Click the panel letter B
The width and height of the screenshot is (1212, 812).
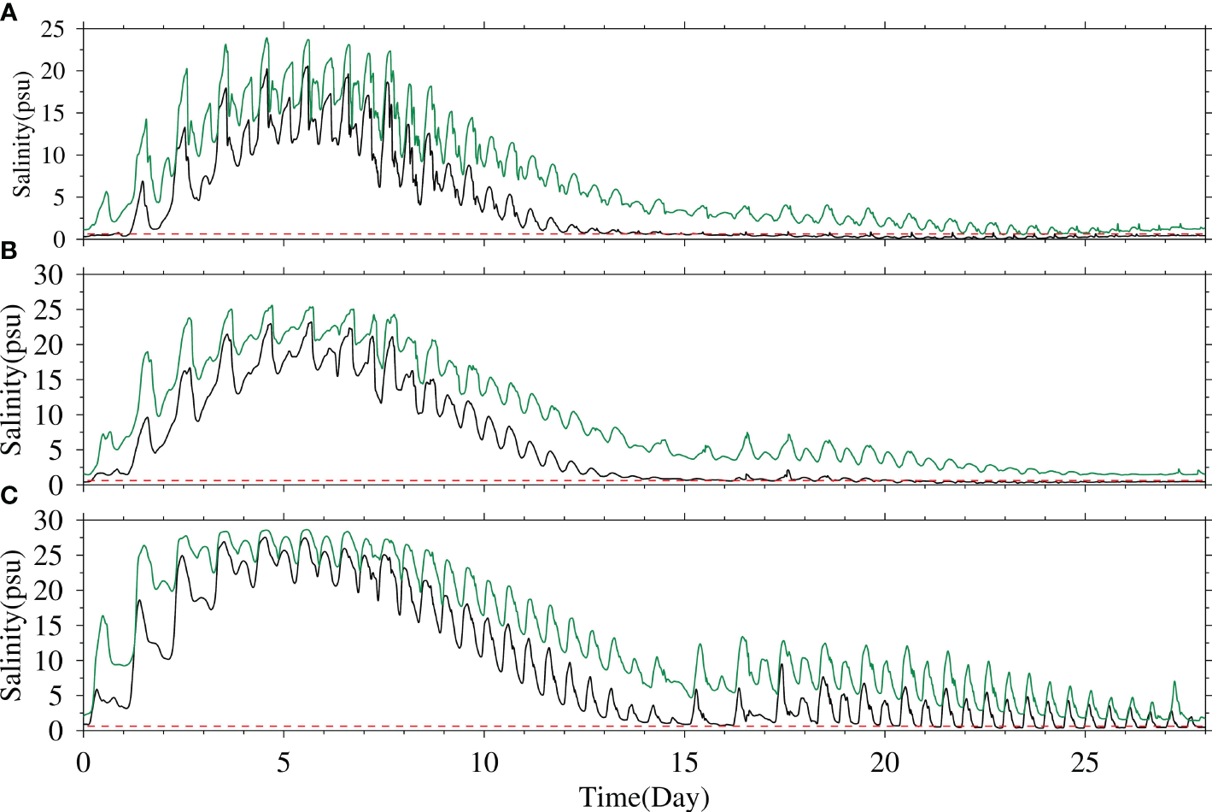point(9,251)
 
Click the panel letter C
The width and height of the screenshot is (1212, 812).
point(9,497)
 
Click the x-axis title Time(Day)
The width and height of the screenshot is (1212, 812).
point(644,797)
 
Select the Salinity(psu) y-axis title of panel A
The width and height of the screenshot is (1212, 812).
point(21,134)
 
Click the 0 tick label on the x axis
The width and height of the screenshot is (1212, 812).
point(83,762)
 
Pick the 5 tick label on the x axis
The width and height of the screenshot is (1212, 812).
point(284,762)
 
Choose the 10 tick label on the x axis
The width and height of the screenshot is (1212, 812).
point(484,762)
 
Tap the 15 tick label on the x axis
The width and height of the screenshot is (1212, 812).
point(684,762)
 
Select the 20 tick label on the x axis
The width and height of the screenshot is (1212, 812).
point(885,762)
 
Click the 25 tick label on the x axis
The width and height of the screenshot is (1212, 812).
point(1085,762)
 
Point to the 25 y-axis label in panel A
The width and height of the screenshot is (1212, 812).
point(53,29)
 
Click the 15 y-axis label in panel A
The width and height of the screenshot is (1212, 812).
point(53,113)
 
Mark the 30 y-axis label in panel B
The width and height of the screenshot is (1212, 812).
point(49,274)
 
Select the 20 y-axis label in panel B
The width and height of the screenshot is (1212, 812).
point(49,344)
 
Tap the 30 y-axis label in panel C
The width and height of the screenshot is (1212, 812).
point(49,520)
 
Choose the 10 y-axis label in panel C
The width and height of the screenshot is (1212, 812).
point(49,661)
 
